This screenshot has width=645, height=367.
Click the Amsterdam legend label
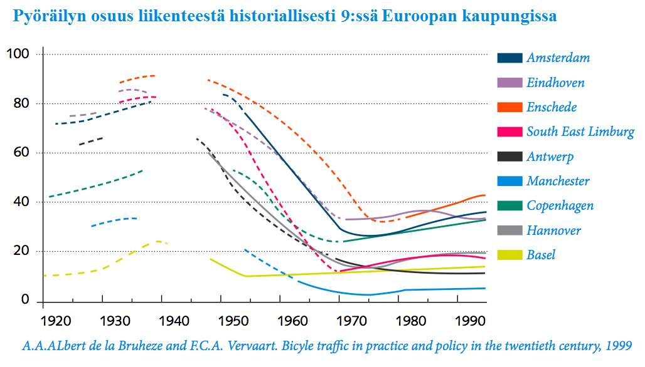[558, 58]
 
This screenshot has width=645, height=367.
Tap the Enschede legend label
[552, 107]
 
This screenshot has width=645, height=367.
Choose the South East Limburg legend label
[580, 132]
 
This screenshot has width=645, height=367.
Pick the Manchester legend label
[558, 181]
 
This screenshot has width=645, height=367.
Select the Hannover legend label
[553, 230]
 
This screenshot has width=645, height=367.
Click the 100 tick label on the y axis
[18, 54]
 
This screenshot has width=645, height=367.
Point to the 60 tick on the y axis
[22, 153]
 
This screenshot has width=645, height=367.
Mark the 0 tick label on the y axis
[26, 301]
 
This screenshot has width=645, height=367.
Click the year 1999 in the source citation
[617, 345]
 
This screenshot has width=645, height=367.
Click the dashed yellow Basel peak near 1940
[157, 241]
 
